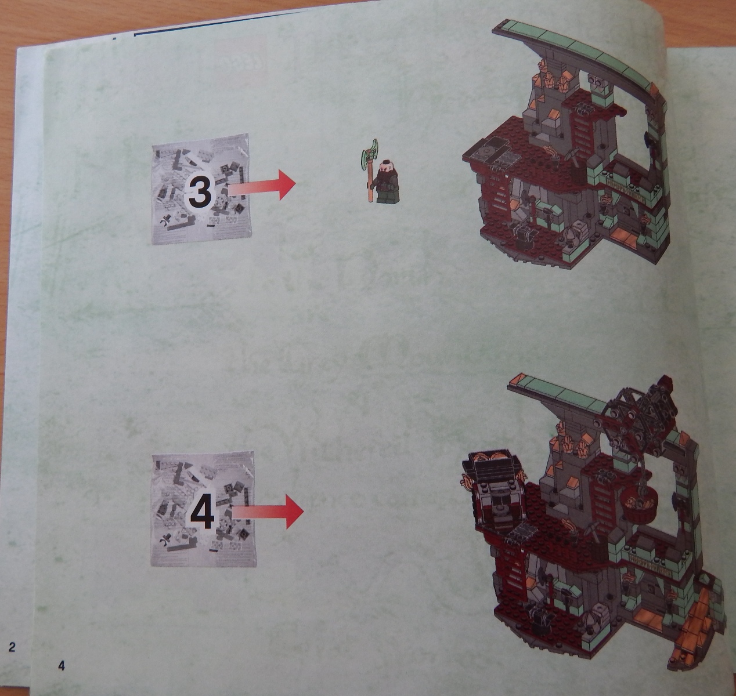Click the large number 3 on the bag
pyautogui.click(x=200, y=191)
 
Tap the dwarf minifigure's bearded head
pyautogui.click(x=385, y=173)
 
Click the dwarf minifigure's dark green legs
pyautogui.click(x=385, y=197)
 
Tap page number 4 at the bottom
pyautogui.click(x=62, y=665)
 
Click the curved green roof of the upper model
pyautogui.click(x=580, y=46)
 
